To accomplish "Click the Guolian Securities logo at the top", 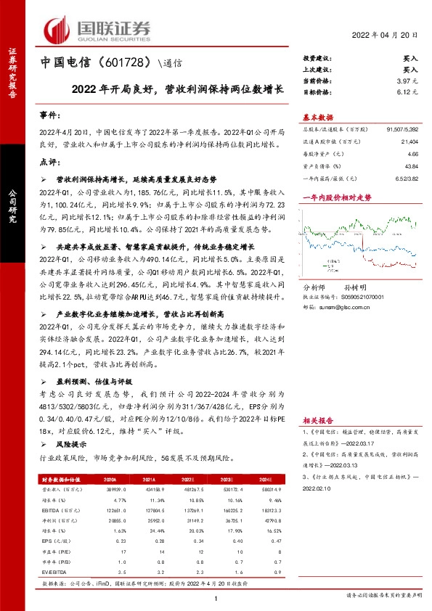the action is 99,29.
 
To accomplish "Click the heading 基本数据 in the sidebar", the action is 317,117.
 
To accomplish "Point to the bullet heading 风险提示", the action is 70,444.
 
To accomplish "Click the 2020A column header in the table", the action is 110,479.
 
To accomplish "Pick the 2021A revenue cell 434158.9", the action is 151,491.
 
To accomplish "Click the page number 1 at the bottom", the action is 216,597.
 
